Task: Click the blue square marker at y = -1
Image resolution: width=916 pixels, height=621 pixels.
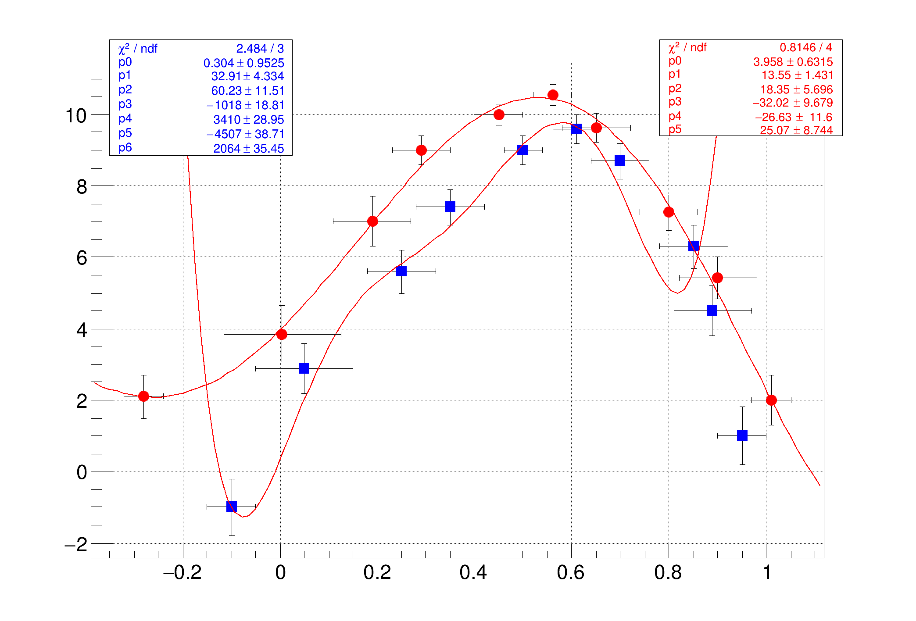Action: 231,507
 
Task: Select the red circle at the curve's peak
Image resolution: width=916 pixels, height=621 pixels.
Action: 553,95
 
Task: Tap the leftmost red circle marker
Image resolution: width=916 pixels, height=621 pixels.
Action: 143,396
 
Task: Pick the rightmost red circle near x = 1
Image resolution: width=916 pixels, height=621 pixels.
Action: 771,400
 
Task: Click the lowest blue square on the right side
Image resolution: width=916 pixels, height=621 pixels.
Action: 742,435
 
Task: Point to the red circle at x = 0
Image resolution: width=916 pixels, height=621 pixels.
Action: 282,334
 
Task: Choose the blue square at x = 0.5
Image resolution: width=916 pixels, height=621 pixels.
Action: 522,150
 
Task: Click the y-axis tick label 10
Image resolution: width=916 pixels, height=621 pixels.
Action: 75,116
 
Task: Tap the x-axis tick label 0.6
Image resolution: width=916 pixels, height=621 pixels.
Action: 570,573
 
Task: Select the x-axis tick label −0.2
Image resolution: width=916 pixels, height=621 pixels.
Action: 182,573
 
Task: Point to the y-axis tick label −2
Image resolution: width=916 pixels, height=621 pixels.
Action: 76,545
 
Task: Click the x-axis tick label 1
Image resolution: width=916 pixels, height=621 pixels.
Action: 767,573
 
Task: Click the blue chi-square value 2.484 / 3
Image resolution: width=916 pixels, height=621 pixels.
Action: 260,49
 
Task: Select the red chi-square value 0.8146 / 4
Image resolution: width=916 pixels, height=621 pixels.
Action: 805,47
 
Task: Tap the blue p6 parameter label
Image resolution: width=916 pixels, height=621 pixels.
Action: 125,148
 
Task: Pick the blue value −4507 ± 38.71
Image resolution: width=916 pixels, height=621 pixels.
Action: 245,134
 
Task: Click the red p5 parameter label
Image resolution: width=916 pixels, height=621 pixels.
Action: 675,129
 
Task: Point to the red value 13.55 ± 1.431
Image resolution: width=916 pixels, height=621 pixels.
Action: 797,75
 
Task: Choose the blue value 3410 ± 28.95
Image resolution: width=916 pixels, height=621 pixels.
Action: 248,120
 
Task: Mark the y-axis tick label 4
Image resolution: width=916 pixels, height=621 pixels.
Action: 82,330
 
